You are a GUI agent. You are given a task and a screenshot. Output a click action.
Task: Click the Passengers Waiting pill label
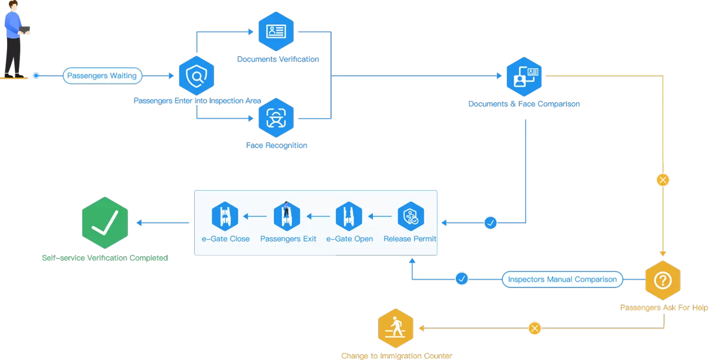[102, 76]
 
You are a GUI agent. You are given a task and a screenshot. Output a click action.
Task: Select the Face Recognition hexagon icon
[276, 118]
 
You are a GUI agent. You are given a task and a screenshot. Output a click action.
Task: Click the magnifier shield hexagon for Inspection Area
[196, 76]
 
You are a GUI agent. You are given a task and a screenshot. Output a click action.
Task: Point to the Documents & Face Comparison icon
[524, 77]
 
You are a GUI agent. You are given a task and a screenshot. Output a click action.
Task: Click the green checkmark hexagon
[105, 223]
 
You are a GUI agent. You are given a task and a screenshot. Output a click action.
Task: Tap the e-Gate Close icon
[225, 216]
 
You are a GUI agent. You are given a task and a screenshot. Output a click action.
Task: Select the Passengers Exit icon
[287, 216]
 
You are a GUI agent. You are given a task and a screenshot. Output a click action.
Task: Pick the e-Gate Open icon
[349, 216]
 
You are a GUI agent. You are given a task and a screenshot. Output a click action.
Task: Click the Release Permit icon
[411, 216]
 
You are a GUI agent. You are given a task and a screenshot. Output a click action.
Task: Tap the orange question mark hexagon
[663, 280]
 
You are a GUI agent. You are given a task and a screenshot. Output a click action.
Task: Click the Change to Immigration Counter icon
[396, 328]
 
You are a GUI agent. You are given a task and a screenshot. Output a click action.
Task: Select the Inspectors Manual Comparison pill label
[562, 279]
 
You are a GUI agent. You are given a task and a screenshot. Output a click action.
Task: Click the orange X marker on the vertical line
[663, 180]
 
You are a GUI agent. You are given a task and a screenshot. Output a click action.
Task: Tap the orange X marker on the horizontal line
[535, 328]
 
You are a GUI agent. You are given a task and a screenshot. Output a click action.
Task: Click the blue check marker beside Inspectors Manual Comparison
[462, 279]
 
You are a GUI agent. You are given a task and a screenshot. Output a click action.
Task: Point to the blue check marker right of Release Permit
[490, 222]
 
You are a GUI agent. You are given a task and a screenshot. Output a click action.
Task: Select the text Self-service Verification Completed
[105, 258]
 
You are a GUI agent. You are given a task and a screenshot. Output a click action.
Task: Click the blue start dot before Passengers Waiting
[36, 76]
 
